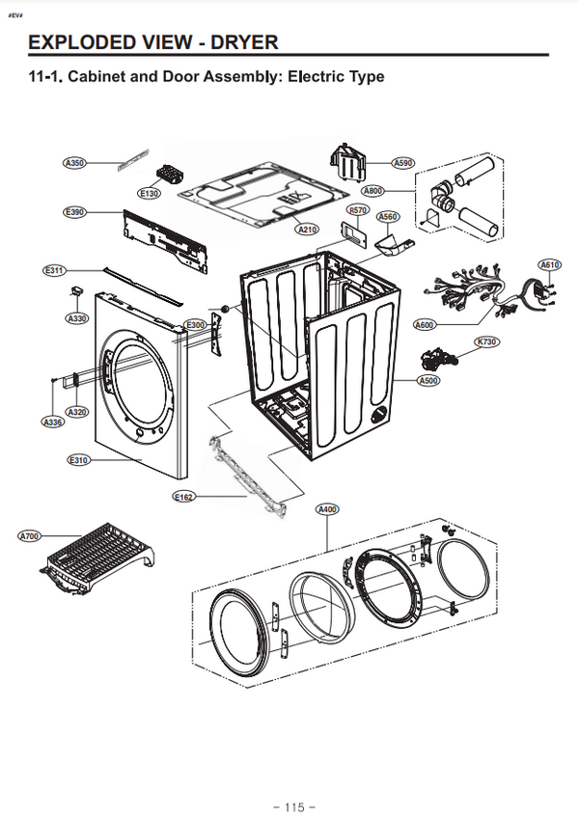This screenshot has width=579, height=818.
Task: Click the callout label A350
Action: (x=75, y=163)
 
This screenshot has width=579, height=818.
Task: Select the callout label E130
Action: (x=149, y=194)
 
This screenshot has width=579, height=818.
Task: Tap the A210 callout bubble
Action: (x=307, y=230)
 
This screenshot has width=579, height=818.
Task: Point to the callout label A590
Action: (x=403, y=163)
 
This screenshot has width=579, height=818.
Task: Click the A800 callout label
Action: (x=373, y=190)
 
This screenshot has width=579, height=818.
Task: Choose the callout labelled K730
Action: (x=486, y=342)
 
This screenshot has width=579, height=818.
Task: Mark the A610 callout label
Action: (x=550, y=264)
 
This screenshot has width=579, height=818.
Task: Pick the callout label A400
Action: (x=327, y=508)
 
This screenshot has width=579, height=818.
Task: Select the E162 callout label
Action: (x=183, y=497)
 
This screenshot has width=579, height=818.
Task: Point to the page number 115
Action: (x=294, y=805)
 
